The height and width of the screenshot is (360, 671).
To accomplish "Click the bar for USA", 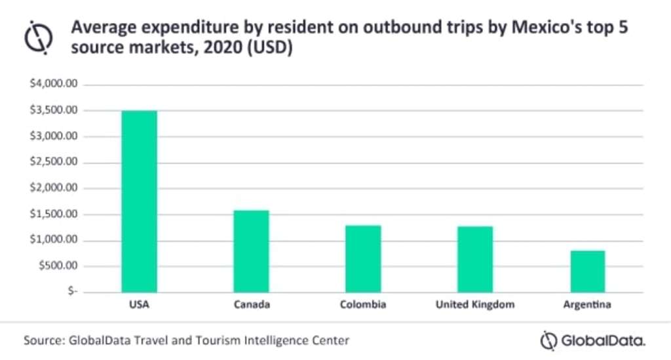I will coord(139,201).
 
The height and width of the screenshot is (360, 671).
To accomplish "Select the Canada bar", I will coord(251,251).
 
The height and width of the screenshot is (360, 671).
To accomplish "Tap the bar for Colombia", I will coord(363,258).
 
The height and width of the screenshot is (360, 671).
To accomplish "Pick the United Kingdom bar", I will coord(475,259).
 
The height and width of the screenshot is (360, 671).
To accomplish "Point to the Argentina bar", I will coord(587,271).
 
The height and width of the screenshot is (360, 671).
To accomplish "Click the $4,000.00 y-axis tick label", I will coord(54,85).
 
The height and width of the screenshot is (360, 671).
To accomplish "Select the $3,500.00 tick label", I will coord(54,110).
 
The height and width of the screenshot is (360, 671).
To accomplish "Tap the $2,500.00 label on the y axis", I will coord(54,163).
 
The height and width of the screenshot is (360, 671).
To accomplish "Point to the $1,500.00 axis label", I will coord(54,214).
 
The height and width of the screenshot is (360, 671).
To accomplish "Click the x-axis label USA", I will coord(139,305).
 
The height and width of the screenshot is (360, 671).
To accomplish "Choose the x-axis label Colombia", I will coord(363,305).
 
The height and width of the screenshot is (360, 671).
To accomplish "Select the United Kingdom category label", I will coord(475,305).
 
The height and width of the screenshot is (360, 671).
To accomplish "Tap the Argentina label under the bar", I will coord(587,305).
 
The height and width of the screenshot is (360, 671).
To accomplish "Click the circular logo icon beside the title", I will coord(38,37).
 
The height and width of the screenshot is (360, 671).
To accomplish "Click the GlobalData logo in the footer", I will coord(593,341).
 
